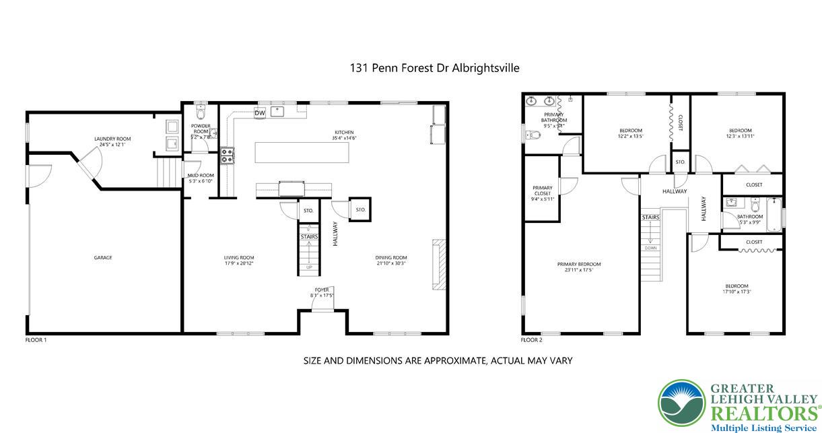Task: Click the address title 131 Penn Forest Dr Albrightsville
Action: coord(434,68)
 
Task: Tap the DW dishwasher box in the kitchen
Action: coord(260,113)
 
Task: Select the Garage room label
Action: coord(103,257)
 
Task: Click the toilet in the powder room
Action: coord(200,110)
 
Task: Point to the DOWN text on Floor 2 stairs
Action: coord(650,248)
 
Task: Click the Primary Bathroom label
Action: coord(553,117)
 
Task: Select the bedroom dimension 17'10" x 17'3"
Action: coord(737,292)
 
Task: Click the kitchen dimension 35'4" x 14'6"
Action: coord(344,138)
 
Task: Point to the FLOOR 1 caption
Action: coord(36,340)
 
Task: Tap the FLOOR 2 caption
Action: coord(532,340)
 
